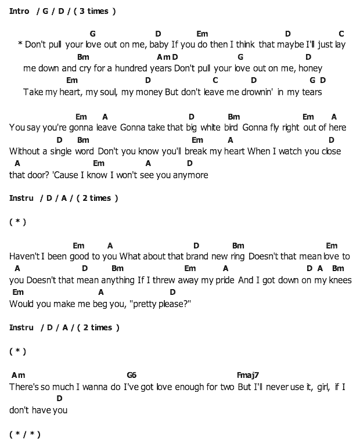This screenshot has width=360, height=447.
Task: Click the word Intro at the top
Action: tap(19, 11)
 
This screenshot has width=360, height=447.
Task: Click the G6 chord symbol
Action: tap(131, 375)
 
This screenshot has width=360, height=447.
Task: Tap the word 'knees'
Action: tap(340, 280)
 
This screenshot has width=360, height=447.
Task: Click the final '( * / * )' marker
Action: tap(25, 434)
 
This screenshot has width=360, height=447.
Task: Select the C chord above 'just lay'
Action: tap(341, 34)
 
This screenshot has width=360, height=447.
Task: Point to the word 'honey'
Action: tap(311, 68)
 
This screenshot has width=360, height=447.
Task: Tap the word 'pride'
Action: tap(223, 280)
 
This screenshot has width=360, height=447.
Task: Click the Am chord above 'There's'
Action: tap(18, 375)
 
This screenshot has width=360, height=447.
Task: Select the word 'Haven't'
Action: tap(24, 256)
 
